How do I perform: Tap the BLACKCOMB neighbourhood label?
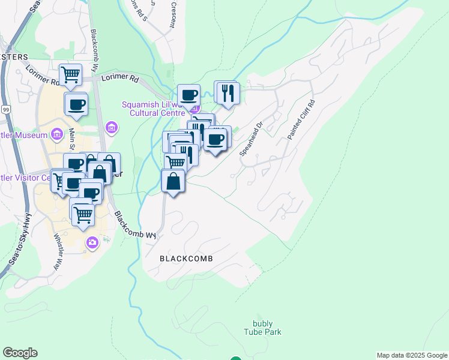click(187, 259)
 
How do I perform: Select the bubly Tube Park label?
click(262, 328)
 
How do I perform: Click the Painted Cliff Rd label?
click(301, 120)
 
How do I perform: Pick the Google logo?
click(20, 353)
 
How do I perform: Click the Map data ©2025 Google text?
click(412, 355)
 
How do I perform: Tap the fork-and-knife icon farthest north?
click(227, 92)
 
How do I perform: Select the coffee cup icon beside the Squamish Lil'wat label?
click(188, 95)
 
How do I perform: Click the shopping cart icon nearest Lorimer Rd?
click(71, 74)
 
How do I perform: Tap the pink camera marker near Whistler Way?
click(92, 242)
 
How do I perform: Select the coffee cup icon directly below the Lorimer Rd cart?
click(76, 104)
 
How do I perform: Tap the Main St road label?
click(71, 140)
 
